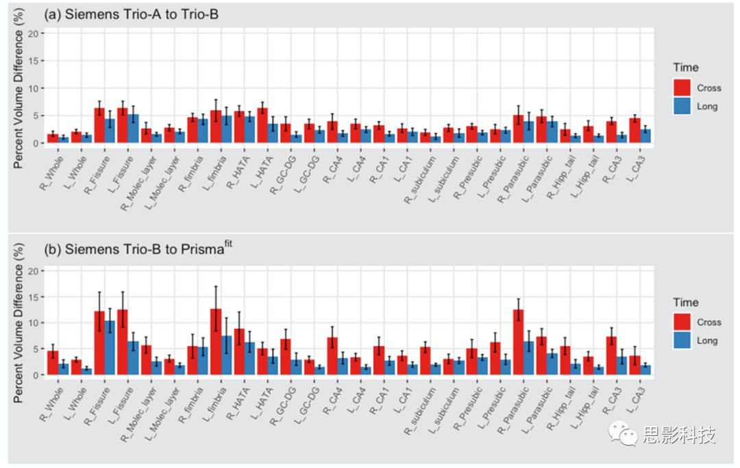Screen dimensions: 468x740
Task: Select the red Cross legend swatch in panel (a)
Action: click(683, 88)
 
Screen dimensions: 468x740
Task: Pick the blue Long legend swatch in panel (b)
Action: click(683, 341)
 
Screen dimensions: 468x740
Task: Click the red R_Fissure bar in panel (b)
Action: click(99, 343)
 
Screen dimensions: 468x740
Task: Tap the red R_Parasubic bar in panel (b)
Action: click(519, 342)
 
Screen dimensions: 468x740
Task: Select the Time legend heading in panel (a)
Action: click(686, 67)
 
